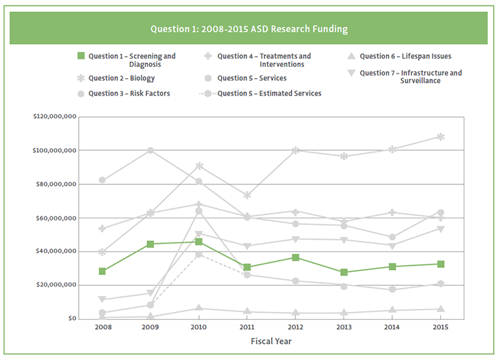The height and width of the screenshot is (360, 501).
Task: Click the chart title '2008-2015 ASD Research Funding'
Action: click(249, 29)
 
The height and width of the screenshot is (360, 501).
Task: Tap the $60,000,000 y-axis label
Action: click(55, 218)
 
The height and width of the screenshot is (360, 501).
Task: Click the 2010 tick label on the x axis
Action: click(199, 327)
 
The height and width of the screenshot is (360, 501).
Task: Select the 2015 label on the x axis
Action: click(440, 327)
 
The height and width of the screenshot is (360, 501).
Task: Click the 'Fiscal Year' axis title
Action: click(271, 341)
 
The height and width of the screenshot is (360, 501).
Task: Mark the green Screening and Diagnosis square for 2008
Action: click(102, 271)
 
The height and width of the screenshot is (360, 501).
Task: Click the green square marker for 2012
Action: click(295, 257)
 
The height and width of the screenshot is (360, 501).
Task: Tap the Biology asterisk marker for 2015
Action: click(440, 137)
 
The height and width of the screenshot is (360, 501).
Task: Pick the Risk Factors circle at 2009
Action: click(150, 150)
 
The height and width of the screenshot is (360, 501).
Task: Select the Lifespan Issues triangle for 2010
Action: click(199, 308)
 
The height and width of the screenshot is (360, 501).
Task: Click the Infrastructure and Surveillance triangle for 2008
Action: click(102, 300)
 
